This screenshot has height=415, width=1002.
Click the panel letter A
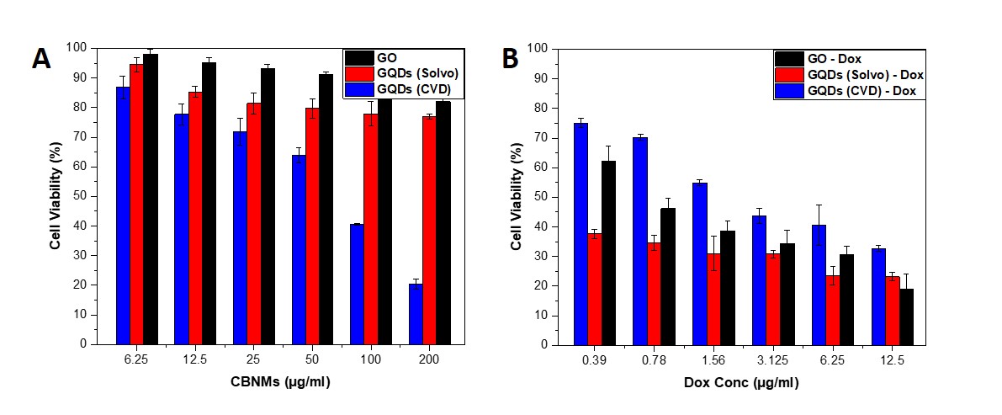tap(41, 60)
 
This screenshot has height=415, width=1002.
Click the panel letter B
tap(511, 58)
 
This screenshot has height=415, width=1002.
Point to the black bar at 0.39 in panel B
tap(608, 253)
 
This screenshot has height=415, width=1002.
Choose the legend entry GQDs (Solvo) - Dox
tap(865, 75)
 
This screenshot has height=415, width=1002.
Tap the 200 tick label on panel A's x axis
tap(428, 359)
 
